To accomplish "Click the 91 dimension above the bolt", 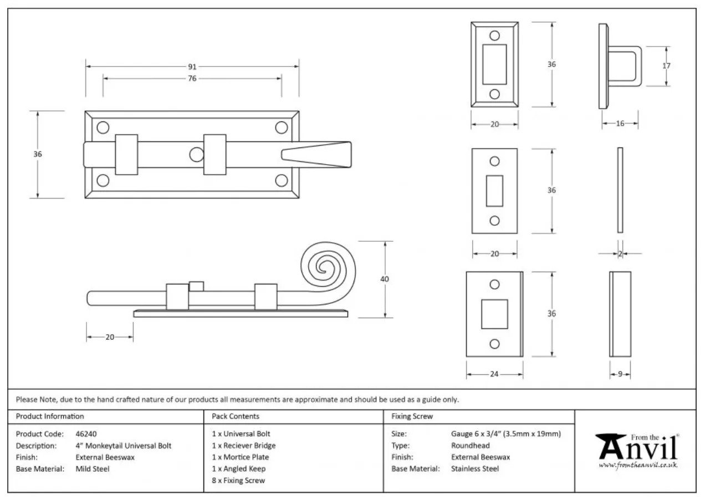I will coord(192,67).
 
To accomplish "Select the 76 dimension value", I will coord(192,79).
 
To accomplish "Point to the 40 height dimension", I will coord(384,279).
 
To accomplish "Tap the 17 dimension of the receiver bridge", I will coord(666,66).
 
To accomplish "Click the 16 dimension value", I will coord(620,124).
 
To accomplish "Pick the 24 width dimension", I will coord(494,374).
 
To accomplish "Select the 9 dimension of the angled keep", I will coord(620,374).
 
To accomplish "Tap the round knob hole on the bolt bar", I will coord(196,155).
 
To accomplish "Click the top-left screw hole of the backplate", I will coord(103,128).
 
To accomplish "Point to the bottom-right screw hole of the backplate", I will coord(282,180).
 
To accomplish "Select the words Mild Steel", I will coord(93,469).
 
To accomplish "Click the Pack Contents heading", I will coord(236,416).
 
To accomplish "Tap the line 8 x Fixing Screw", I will coord(238,481).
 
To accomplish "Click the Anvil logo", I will coord(637,449).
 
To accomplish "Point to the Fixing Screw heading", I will coord(412,416).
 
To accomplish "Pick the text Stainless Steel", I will coord(475,469).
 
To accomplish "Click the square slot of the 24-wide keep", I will coord(494,314).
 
